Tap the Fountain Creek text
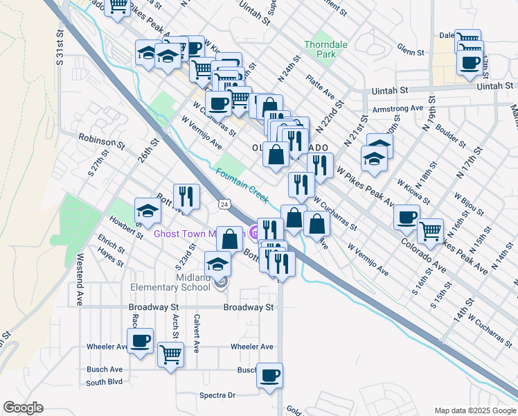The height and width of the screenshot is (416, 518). [x=241, y=185]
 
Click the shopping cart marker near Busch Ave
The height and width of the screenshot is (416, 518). [x=170, y=354]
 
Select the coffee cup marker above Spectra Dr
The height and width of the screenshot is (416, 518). [x=269, y=375]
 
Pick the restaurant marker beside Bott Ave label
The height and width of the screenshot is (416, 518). [x=186, y=196]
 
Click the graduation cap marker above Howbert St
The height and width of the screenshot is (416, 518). [x=148, y=210]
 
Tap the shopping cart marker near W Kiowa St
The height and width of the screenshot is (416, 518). [x=430, y=230]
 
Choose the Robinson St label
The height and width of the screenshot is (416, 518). [x=101, y=141]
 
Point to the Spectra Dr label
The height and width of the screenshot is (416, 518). [x=217, y=395]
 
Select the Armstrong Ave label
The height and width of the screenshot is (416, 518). [x=398, y=109]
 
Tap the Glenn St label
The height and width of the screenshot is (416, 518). [x=410, y=51]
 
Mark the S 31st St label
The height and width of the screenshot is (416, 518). [x=61, y=49]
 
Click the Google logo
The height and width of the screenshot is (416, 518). [x=23, y=408]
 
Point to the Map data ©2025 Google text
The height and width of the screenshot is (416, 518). [x=474, y=410]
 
